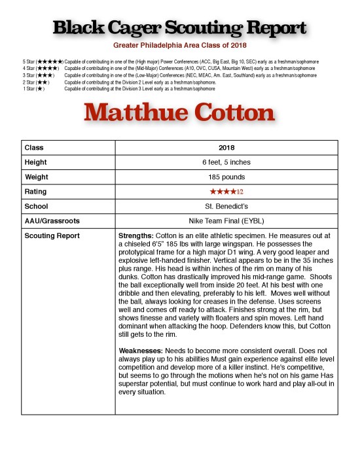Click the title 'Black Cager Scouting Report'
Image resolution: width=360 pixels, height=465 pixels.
[179, 29]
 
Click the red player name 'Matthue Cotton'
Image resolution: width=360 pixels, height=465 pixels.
[179, 113]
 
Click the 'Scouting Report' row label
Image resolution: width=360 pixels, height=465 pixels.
[52, 235]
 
